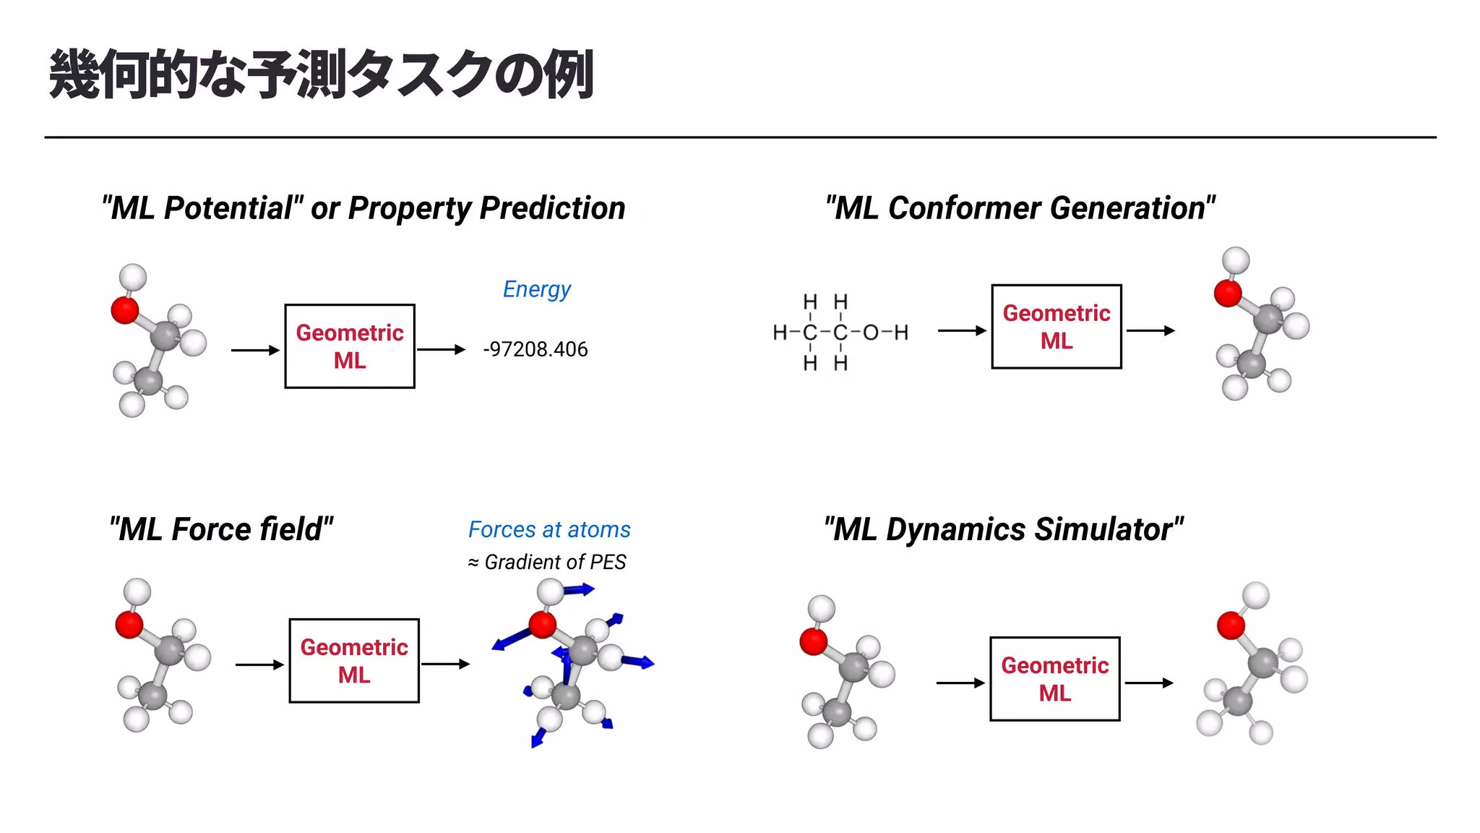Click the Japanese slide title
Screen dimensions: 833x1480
click(322, 74)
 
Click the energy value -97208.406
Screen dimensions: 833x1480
click(535, 349)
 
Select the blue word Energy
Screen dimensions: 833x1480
click(536, 289)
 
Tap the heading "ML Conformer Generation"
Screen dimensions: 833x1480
click(1020, 208)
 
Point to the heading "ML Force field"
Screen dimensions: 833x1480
click(221, 529)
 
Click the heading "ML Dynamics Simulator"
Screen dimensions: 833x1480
click(1003, 529)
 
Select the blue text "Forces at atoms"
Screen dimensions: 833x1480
click(549, 529)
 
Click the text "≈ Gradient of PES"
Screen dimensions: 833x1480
click(547, 562)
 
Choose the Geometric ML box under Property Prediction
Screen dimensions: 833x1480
click(350, 346)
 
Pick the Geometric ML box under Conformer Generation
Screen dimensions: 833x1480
click(1056, 327)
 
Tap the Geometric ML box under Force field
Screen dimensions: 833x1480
click(354, 661)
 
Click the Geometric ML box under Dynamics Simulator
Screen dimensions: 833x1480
click(1054, 679)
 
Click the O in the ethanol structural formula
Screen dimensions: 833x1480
click(871, 333)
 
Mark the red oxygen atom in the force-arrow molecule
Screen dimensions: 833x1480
click(542, 624)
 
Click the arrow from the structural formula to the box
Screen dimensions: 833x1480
click(961, 330)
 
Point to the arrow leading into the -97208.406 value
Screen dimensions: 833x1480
click(441, 350)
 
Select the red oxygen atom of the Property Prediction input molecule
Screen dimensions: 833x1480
click(125, 310)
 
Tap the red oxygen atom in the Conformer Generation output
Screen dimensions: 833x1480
click(1228, 294)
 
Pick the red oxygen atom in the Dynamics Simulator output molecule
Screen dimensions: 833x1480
click(1231, 625)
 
